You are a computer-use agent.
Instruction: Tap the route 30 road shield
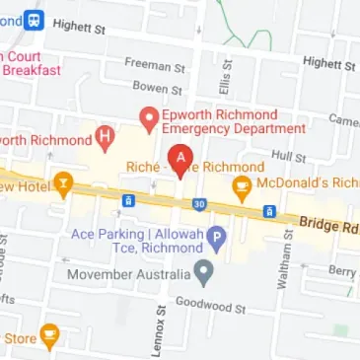[199, 204]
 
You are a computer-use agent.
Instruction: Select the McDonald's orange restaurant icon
[240, 184]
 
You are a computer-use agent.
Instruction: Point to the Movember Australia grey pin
[204, 269]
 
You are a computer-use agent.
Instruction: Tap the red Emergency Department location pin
[149, 120]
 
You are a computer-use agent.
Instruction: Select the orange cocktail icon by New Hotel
[64, 181]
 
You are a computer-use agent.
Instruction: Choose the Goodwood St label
[209, 307]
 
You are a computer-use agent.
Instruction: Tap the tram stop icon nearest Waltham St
[268, 211]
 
